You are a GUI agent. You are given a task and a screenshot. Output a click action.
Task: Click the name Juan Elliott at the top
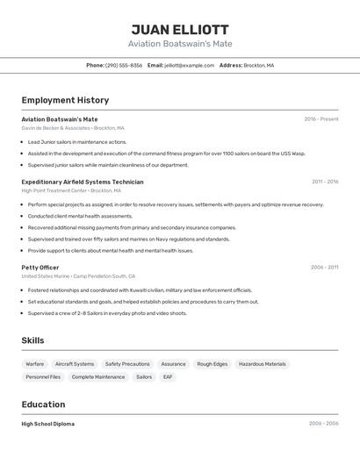(179, 29)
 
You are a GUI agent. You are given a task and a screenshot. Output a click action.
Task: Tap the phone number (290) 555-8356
(124, 65)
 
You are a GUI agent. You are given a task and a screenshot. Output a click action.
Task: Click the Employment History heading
(65, 100)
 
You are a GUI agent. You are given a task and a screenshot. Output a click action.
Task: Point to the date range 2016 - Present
(320, 118)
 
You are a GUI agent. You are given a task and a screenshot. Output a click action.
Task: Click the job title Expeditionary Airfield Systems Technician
(83, 182)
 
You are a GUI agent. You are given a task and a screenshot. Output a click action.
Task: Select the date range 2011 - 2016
(324, 182)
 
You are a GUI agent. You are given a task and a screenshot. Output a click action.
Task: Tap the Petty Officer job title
(40, 267)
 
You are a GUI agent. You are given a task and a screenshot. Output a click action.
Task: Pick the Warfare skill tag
(35, 363)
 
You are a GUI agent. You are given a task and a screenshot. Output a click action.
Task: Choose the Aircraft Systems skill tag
(75, 363)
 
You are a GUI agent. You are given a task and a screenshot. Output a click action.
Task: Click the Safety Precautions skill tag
(127, 363)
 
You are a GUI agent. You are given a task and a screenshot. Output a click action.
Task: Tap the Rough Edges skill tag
(212, 363)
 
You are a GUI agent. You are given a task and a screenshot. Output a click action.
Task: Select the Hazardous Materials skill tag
(263, 363)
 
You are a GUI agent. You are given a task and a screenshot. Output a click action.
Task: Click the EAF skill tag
(168, 376)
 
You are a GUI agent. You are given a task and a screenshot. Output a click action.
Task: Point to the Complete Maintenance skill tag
(98, 376)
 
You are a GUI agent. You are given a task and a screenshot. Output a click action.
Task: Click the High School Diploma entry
(48, 424)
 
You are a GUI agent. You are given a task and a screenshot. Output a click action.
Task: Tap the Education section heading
(43, 404)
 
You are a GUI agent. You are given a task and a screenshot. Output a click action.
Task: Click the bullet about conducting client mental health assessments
(80, 216)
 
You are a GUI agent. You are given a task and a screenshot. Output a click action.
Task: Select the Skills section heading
(32, 340)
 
